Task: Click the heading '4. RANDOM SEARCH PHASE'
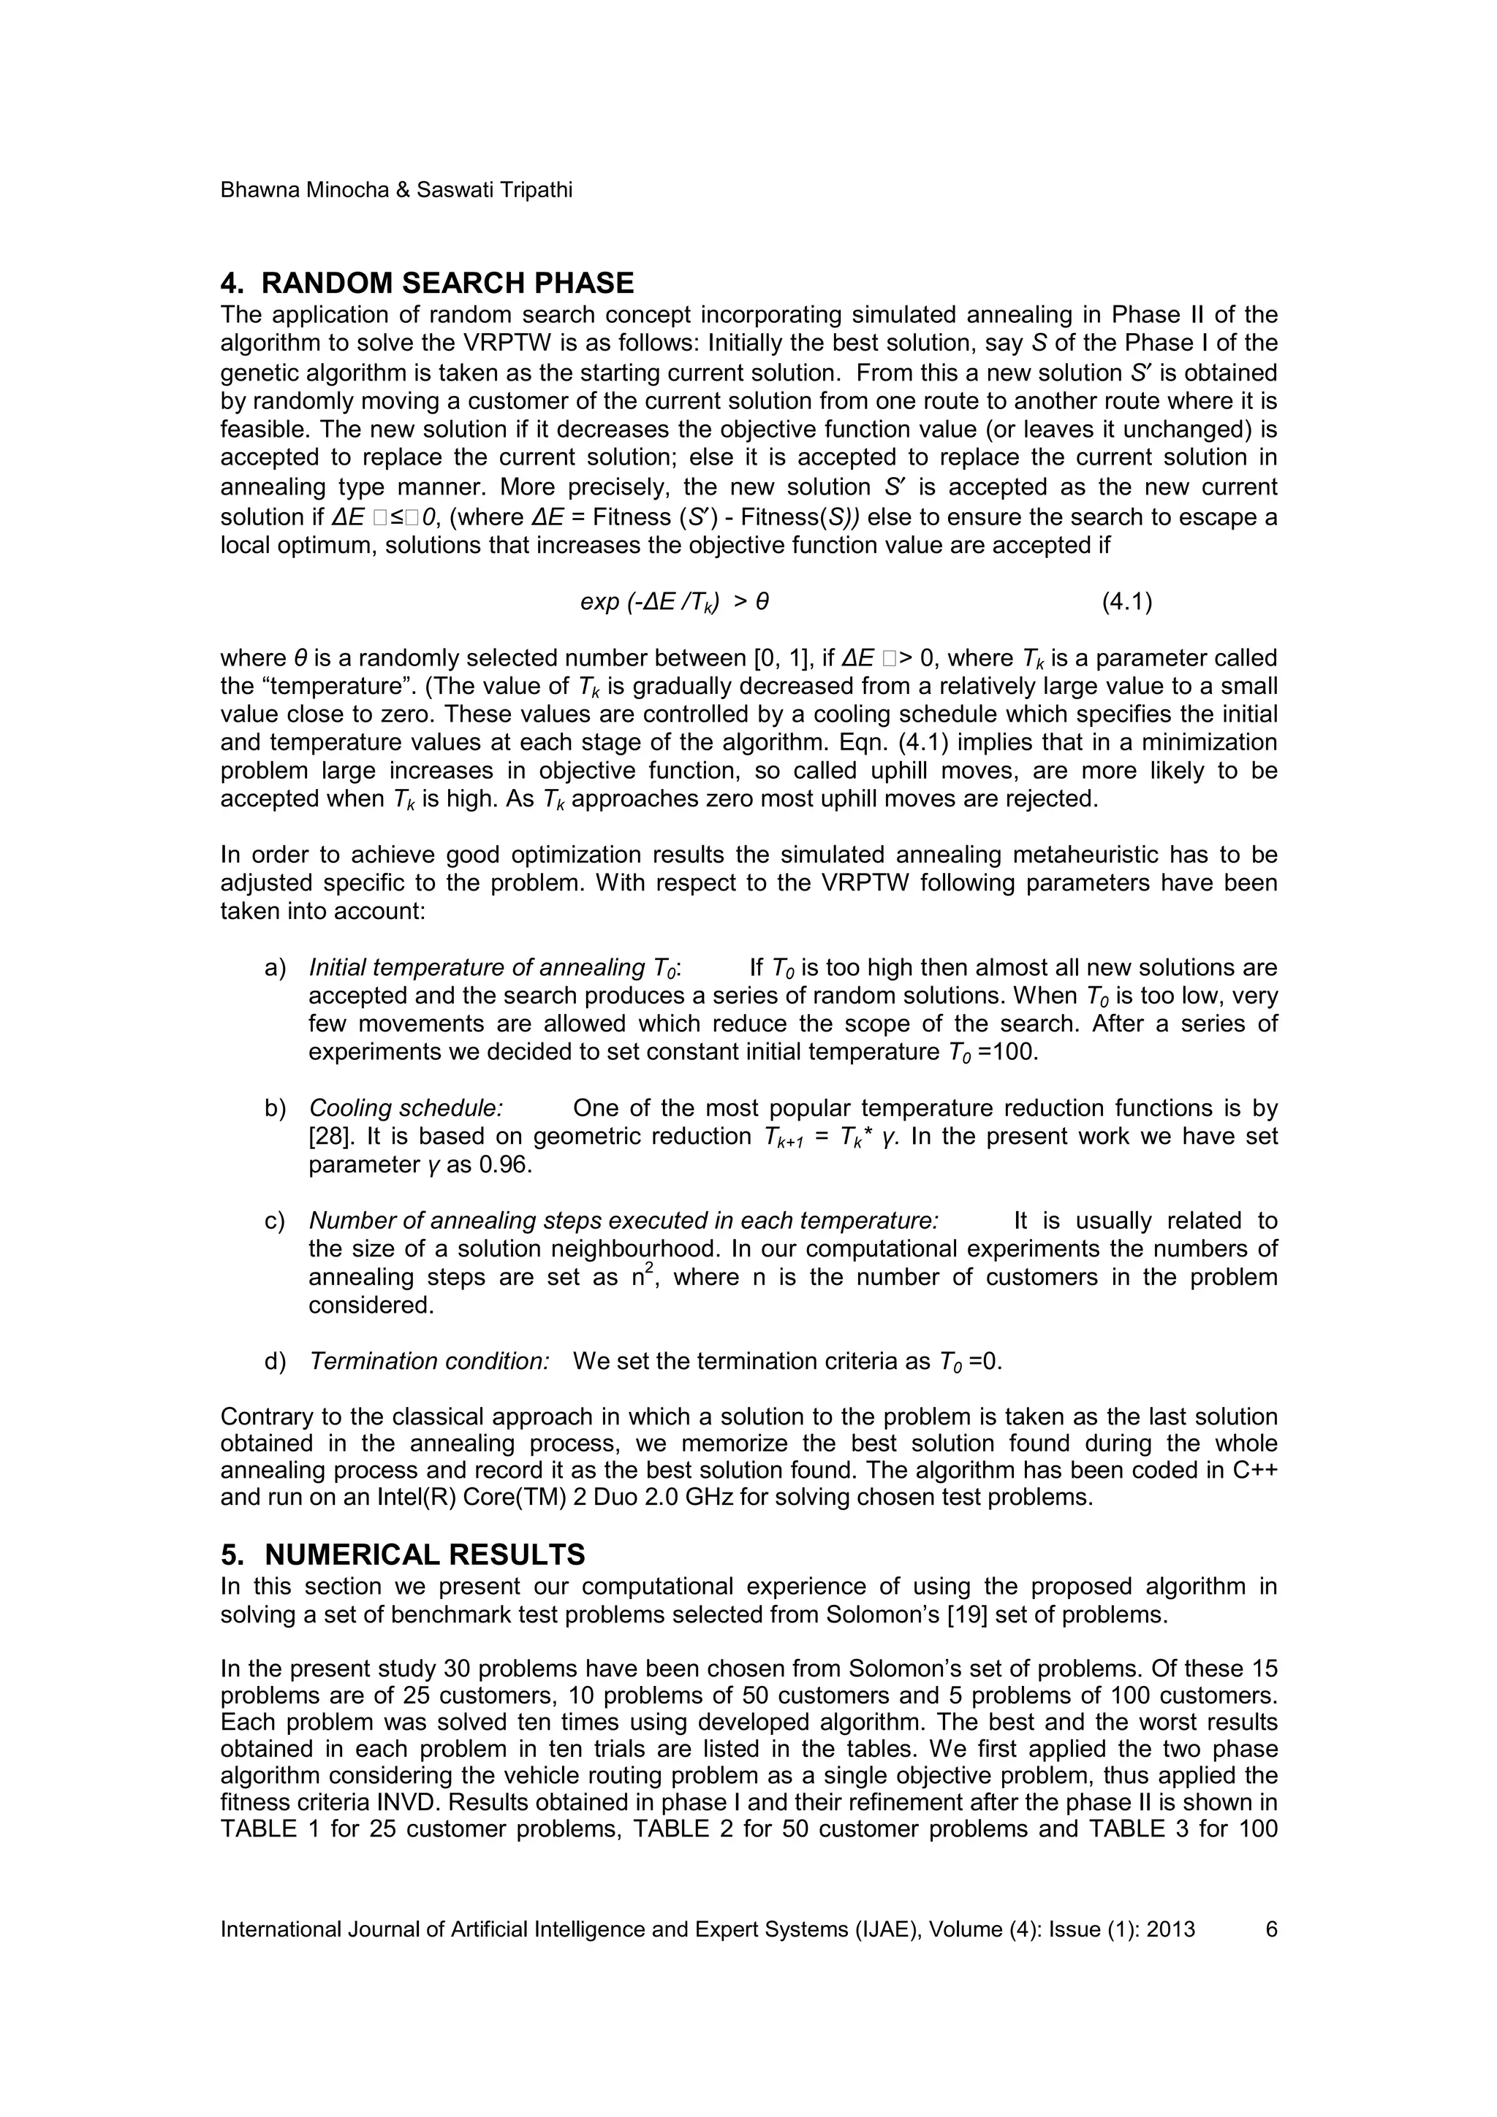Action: (x=426, y=282)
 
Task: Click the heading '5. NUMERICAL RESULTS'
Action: (x=402, y=1555)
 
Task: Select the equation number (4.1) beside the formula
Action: (x=1127, y=602)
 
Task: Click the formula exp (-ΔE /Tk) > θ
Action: (x=674, y=602)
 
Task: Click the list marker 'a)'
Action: (x=275, y=968)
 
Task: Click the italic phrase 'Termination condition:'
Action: (x=429, y=1361)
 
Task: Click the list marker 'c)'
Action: (x=275, y=1221)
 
